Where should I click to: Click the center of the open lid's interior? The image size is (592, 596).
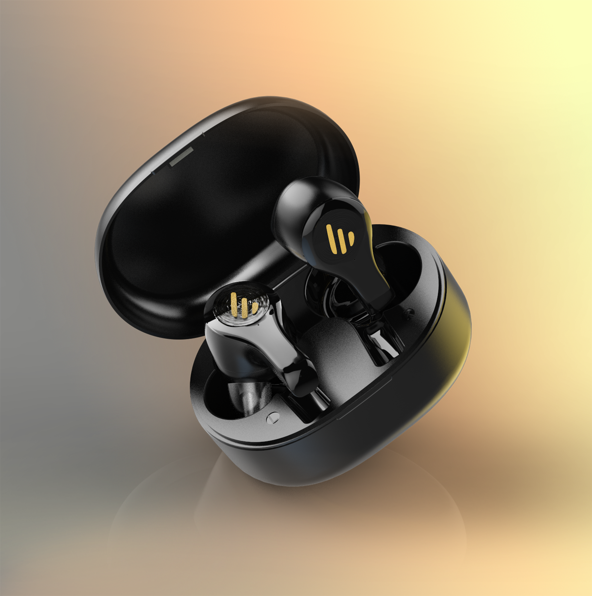(210, 216)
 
